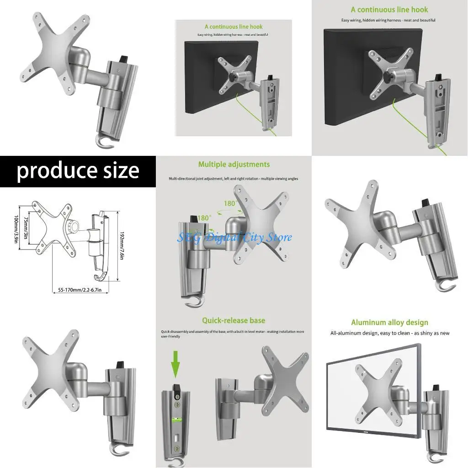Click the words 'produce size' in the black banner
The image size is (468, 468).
pyautogui.click(x=78, y=171)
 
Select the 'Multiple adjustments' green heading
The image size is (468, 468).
pyautogui.click(x=234, y=165)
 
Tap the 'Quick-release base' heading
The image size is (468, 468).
pyautogui.click(x=234, y=320)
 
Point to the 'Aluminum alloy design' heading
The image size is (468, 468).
pyautogui.click(x=389, y=323)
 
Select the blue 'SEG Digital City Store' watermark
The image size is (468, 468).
pyautogui.click(x=234, y=237)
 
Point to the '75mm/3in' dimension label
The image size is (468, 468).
pyautogui.click(x=26, y=228)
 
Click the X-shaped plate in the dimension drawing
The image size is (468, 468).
pyautogui.click(x=53, y=226)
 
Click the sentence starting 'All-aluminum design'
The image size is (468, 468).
pyautogui.click(x=389, y=333)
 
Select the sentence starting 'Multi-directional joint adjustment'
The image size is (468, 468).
pyautogui.click(x=234, y=179)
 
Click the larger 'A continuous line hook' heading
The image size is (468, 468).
pyautogui.click(x=389, y=10)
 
